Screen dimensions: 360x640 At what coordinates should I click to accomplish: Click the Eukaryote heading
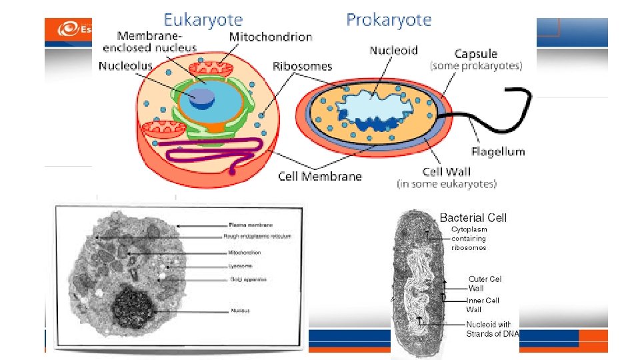click(x=203, y=20)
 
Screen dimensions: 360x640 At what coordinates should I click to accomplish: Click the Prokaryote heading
click(x=389, y=20)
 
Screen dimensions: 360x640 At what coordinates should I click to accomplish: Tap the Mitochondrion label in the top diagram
click(x=270, y=37)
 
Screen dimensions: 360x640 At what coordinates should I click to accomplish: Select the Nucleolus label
click(x=125, y=66)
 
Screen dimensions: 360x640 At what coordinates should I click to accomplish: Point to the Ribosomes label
click(x=302, y=66)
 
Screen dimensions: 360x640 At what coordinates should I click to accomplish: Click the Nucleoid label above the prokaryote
click(x=393, y=50)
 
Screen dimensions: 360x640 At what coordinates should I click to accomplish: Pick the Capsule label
click(x=475, y=54)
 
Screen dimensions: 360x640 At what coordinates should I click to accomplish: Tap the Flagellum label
click(x=498, y=151)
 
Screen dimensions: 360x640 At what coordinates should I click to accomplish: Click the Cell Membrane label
click(x=319, y=177)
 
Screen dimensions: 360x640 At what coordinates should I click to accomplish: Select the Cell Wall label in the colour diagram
click(x=446, y=172)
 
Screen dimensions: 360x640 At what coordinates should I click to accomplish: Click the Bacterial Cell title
click(x=473, y=218)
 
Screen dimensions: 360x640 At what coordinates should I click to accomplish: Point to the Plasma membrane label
click(x=250, y=225)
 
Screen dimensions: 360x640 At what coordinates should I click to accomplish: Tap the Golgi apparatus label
click(x=248, y=279)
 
